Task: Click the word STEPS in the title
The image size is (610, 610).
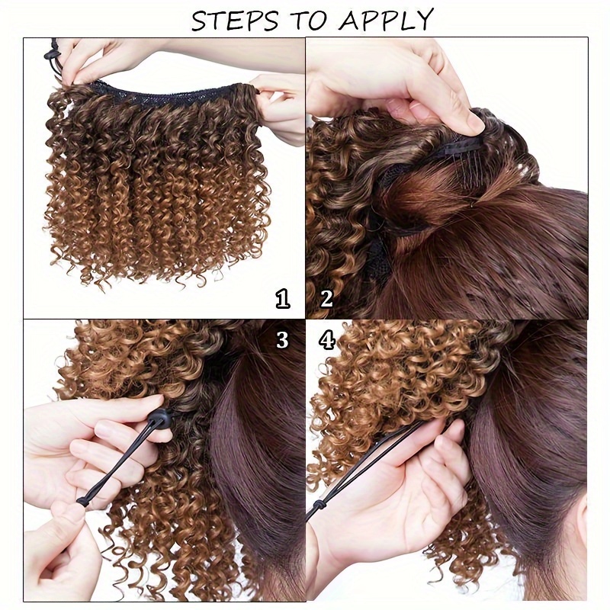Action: coord(235,21)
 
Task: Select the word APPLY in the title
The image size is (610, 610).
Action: coord(386,20)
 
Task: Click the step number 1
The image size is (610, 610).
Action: coord(283,298)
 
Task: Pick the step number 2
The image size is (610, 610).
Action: coord(326,298)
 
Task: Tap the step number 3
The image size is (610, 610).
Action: coord(282,339)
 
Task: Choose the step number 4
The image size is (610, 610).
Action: coord(327,339)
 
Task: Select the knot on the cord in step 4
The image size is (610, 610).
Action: coord(319,506)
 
